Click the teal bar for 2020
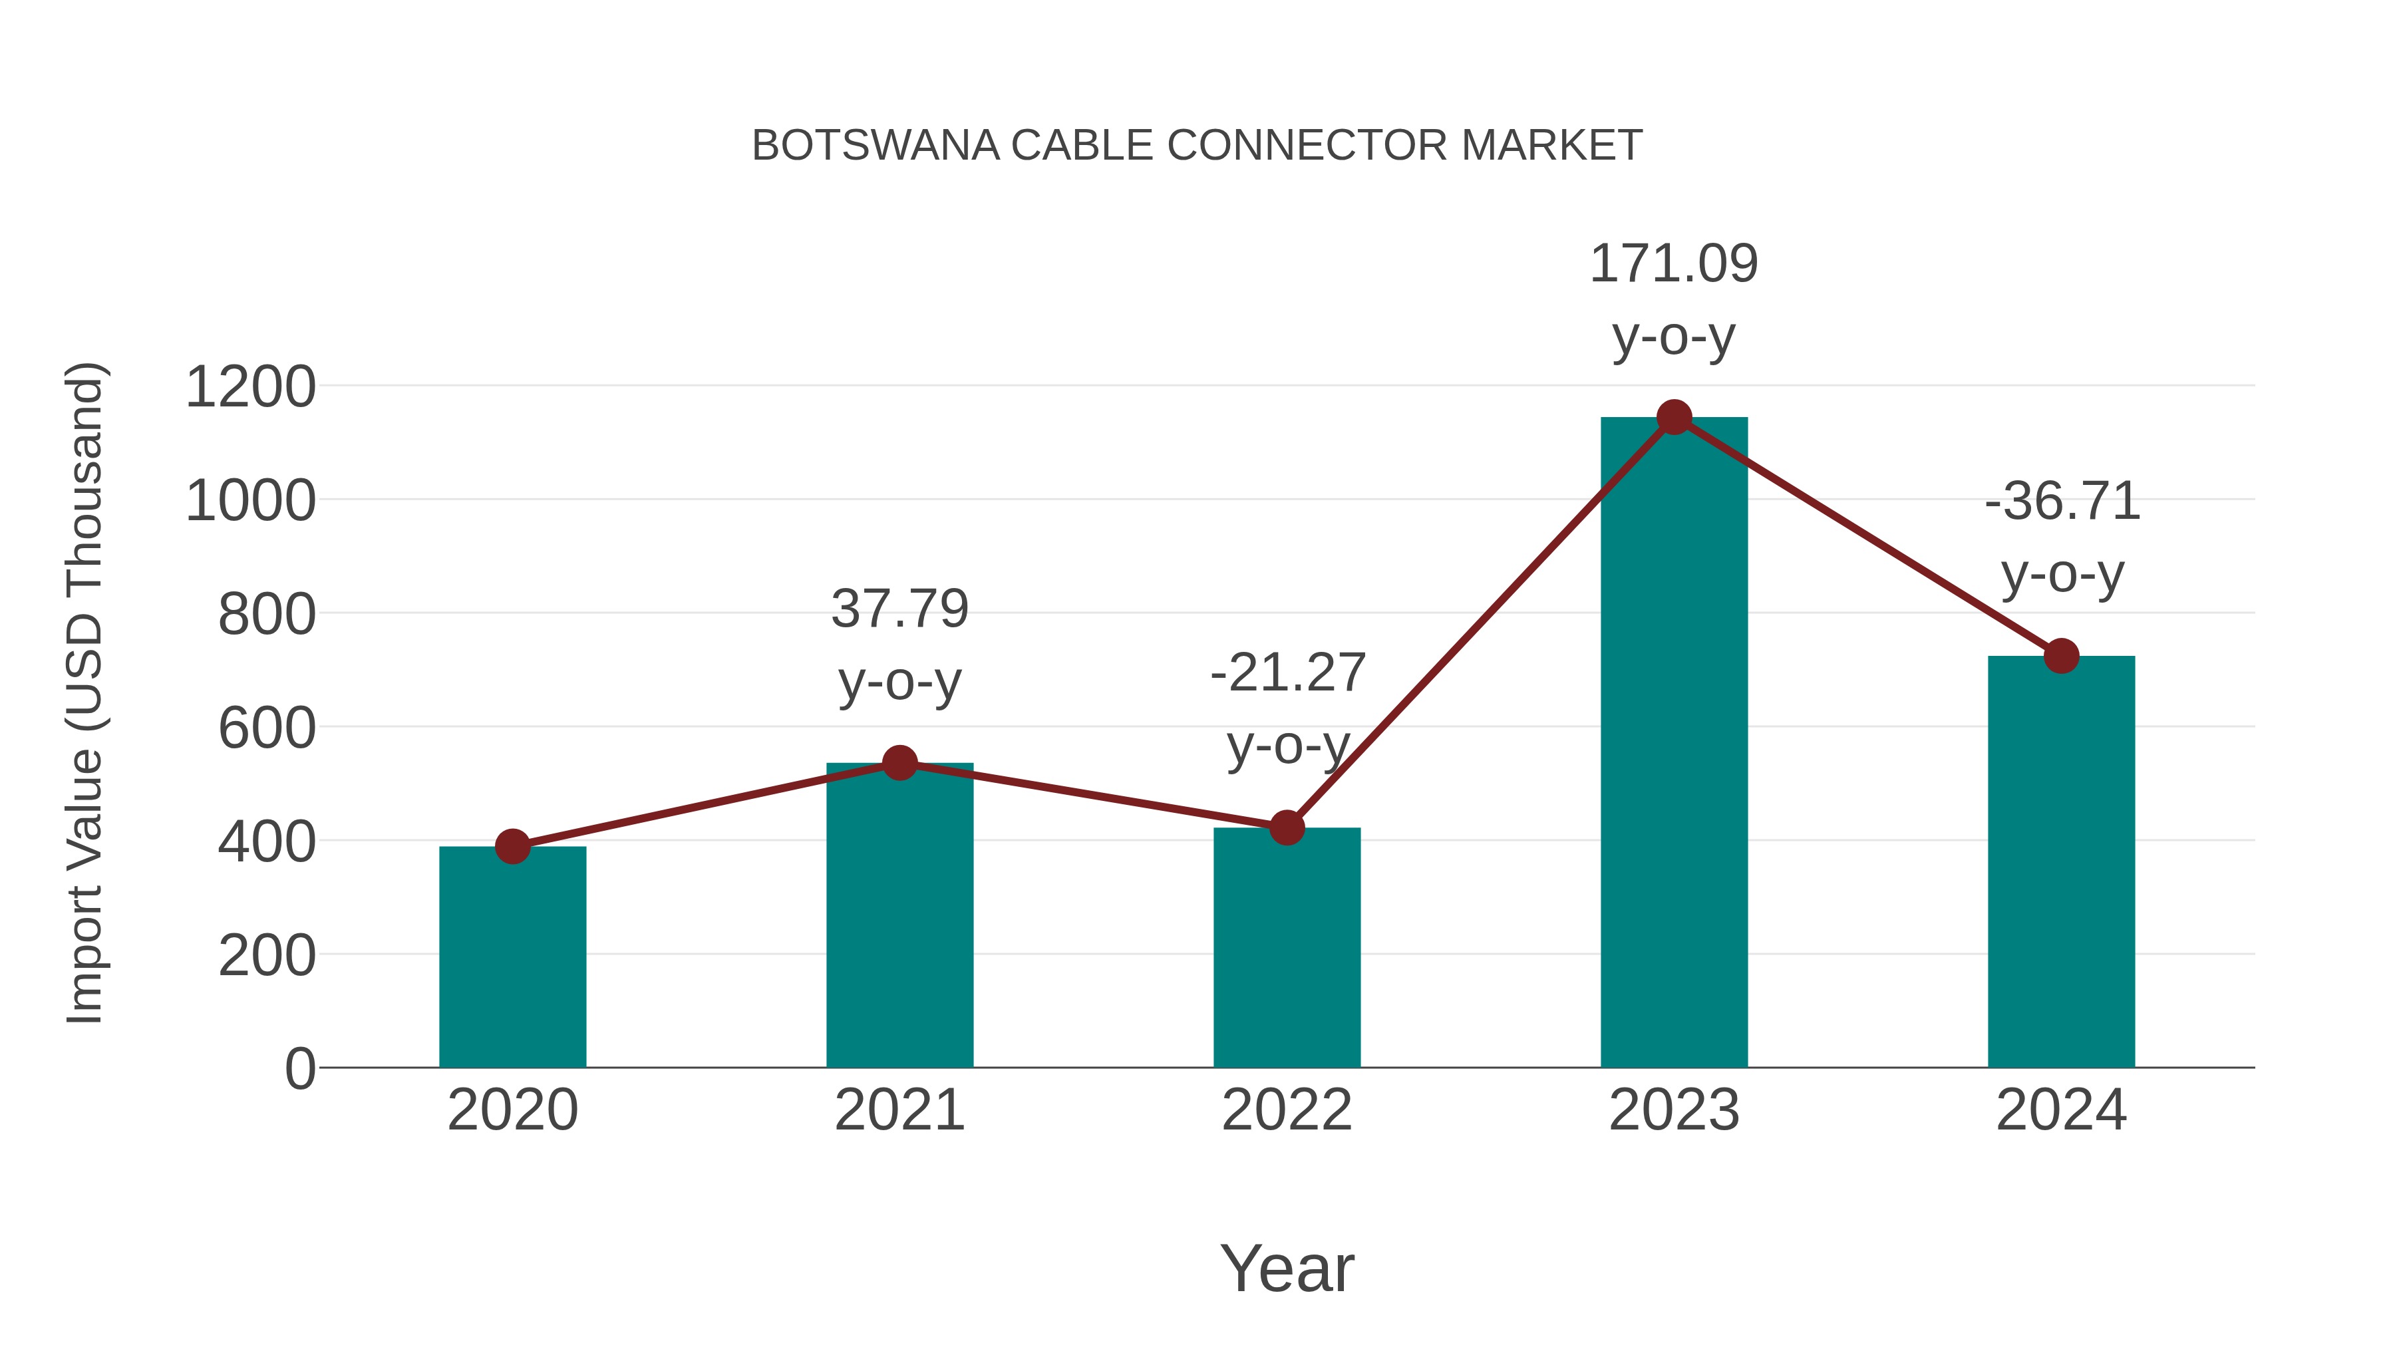[512, 957]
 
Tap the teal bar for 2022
[1287, 948]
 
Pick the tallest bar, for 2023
[1674, 744]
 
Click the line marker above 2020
[512, 846]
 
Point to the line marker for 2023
[1674, 417]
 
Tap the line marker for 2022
[1287, 827]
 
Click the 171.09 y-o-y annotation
[1674, 299]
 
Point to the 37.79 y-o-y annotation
[899, 645]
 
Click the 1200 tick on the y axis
[250, 386]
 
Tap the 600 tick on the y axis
[267, 728]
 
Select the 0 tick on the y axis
[299, 1068]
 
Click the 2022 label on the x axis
[1287, 1110]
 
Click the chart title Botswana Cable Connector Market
[1197, 146]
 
